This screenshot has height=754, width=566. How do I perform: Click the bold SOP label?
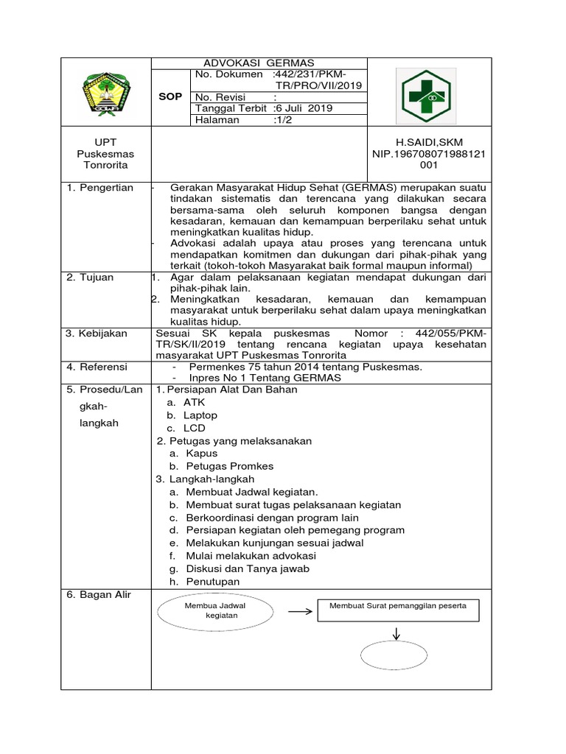pos(170,96)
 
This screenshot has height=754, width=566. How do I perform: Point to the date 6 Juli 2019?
pos(304,108)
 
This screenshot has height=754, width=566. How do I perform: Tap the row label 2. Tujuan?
pos(91,278)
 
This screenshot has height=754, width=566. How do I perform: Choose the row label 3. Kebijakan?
pos(97,334)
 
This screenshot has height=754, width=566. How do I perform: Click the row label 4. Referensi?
pos(97,367)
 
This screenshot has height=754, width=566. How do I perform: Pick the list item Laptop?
pos(200,415)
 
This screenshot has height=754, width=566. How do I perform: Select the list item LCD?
pos(195,428)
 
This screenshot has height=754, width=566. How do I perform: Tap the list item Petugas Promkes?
pos(229,466)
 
